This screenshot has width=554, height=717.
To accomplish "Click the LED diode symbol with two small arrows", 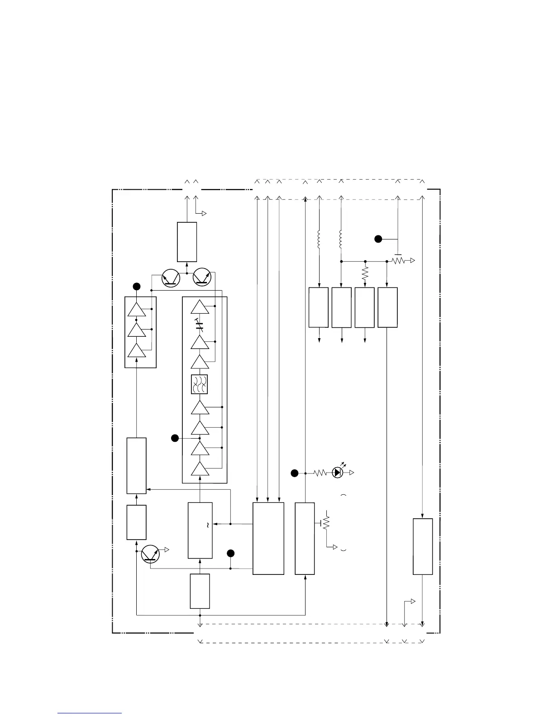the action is [338, 473].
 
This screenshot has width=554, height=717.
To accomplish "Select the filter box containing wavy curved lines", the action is [200, 384].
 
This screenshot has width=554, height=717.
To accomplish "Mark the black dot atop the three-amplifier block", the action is [136, 286].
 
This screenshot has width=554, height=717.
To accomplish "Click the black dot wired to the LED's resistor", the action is [294, 473].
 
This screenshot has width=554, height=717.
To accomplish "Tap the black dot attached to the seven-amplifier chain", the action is [175, 438].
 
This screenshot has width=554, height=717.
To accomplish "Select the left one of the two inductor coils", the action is [319, 239].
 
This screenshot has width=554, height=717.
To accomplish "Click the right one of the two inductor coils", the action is [341, 239].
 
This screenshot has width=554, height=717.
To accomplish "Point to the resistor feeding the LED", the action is [320, 473].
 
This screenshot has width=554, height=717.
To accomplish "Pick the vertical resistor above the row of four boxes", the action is [365, 272].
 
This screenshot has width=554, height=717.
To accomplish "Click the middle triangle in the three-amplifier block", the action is [136, 330].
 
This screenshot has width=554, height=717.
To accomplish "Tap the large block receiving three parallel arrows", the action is [268, 538].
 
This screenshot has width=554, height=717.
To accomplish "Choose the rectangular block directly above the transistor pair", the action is [187, 242].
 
